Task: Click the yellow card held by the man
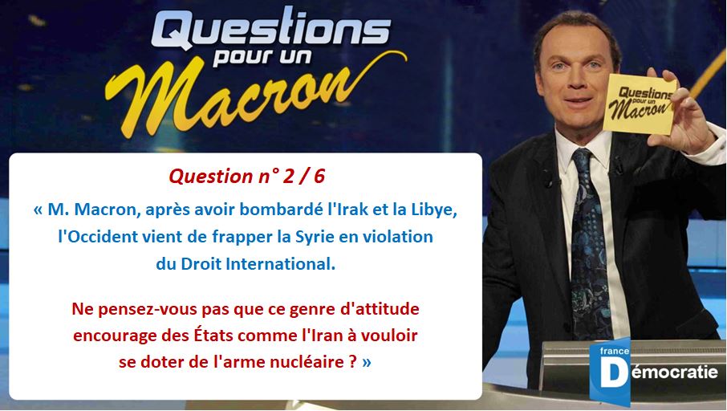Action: (640, 104)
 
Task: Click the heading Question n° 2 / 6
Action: (246, 177)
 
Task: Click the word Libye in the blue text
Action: (434, 210)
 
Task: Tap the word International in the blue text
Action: (280, 264)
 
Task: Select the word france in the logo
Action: (615, 351)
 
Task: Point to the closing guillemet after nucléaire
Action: (367, 362)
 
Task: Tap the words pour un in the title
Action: (262, 58)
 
